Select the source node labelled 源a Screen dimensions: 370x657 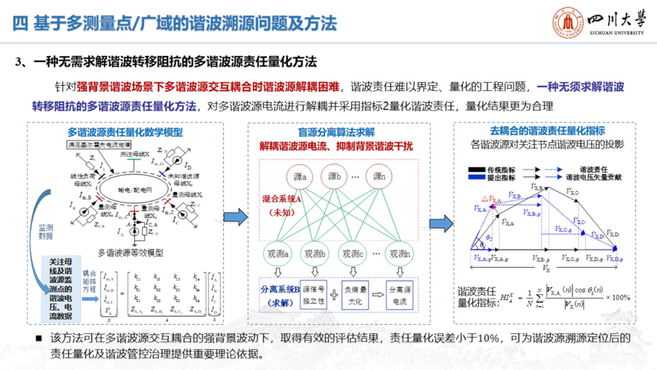click(299, 177)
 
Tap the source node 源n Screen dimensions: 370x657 click(380, 177)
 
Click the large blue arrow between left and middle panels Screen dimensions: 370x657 click(235, 216)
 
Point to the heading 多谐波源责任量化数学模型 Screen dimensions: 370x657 click(125, 131)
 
